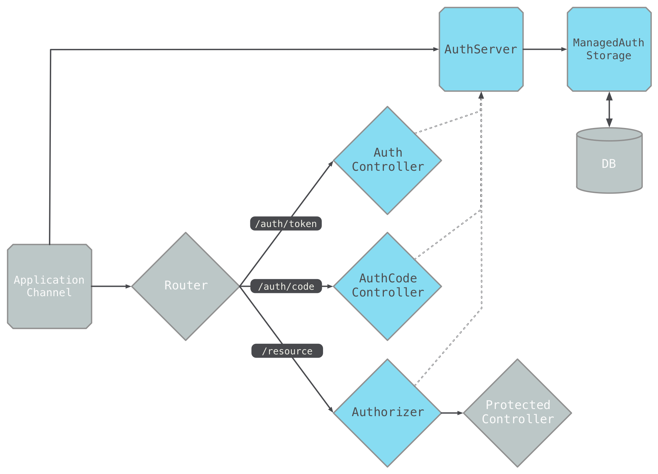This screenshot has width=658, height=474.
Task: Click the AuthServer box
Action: pos(481,50)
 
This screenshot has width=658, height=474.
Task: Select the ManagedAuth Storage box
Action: pos(609,49)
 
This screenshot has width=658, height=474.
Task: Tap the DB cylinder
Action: pos(609,164)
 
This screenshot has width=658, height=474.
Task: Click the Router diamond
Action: pos(186,286)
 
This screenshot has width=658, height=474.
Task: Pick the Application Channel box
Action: pos(49,286)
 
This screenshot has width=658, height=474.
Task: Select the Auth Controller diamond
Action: pos(387,160)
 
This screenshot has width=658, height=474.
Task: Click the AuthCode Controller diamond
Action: pos(387,286)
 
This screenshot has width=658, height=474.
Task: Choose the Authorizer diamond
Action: pos(387,413)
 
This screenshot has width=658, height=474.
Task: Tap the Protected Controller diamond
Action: pos(517,413)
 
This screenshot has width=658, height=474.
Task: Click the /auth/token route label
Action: pos(286,224)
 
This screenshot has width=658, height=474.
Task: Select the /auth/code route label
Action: pos(286,286)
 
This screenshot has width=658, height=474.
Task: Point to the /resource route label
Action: pos(287,351)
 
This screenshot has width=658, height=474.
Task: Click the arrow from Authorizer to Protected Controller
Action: pos(452,413)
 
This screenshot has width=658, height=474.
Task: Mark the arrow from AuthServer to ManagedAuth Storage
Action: pos(545,49)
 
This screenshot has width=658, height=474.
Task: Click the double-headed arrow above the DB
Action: pos(609,109)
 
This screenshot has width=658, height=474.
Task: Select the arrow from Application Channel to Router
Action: pos(111,286)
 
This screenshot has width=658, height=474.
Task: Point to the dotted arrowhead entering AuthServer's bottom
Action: pos(481,96)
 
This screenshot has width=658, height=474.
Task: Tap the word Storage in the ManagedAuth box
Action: pos(608,56)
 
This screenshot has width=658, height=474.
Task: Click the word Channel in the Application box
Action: pos(49,293)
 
